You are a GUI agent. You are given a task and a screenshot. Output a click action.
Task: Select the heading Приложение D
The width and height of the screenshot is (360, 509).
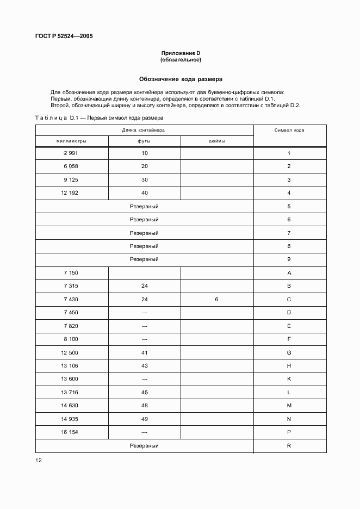(181, 53)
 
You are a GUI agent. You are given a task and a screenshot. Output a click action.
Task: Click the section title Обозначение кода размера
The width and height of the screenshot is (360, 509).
(180, 78)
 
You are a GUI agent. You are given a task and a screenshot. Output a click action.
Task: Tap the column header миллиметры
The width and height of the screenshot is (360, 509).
(71, 141)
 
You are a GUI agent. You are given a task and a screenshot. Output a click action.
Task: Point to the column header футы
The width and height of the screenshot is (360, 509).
(144, 141)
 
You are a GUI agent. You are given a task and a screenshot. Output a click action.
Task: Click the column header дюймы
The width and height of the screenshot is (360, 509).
(216, 141)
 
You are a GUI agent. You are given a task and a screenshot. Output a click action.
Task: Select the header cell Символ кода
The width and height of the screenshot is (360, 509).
(289, 131)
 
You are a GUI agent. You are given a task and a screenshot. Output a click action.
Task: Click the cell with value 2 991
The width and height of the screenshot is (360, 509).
(71, 153)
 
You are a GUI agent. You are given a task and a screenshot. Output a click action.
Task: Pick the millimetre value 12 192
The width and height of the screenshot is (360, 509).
(71, 193)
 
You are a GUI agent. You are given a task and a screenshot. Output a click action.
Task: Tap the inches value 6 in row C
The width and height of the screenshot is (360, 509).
(216, 300)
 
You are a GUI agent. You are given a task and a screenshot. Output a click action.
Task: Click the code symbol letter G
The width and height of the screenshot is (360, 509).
(289, 352)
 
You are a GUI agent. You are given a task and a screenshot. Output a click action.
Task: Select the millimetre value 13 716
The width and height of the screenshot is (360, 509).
(71, 392)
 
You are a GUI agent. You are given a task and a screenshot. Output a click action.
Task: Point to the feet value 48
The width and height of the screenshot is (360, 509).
(144, 406)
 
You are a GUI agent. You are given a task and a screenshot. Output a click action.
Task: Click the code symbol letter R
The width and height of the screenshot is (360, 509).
(289, 445)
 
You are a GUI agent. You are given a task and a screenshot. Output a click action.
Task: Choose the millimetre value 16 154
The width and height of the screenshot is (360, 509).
(71, 432)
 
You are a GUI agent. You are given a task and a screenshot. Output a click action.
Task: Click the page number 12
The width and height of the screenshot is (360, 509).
(39, 460)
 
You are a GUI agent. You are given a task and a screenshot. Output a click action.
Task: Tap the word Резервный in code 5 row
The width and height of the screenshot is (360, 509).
(144, 207)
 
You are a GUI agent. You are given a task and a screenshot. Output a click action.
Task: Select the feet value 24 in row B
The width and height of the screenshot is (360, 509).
(144, 286)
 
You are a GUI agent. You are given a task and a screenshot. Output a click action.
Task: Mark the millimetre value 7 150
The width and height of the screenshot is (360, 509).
(71, 273)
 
